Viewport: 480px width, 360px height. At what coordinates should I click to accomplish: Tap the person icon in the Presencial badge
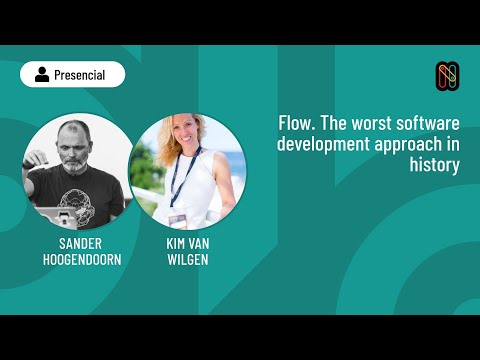[42, 74]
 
